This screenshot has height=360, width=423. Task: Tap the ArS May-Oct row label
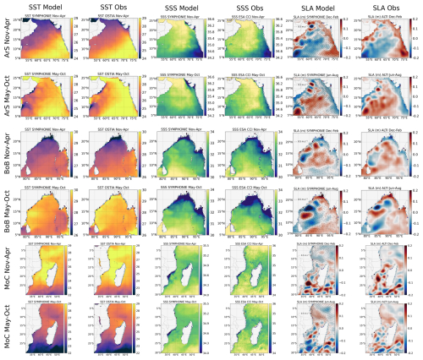click(x=8, y=99)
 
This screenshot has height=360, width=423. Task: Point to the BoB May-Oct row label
click(x=8, y=213)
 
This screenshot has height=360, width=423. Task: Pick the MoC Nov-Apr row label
click(x=8, y=271)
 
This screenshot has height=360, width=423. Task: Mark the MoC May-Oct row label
click(x=8, y=327)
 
